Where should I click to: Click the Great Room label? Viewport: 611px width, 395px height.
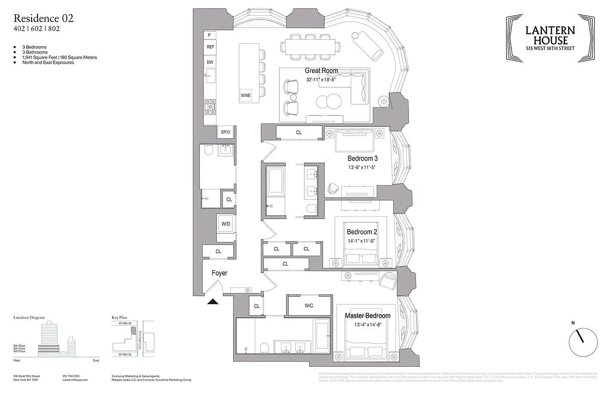click(x=321, y=71)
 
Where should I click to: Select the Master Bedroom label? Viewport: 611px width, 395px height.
click(x=367, y=316)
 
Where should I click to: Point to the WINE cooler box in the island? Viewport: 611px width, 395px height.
click(x=245, y=95)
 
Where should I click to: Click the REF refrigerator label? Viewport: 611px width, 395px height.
click(x=210, y=47)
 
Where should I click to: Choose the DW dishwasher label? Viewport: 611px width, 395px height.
click(x=210, y=62)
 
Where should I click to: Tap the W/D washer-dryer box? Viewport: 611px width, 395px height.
click(x=226, y=224)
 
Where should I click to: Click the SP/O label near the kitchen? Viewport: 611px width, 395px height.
click(x=226, y=132)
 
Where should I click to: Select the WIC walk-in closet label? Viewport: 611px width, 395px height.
click(x=309, y=306)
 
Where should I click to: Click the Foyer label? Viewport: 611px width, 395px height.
click(x=220, y=273)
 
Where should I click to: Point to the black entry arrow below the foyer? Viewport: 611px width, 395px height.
click(x=212, y=302)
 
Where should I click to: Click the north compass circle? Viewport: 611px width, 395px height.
click(x=583, y=342)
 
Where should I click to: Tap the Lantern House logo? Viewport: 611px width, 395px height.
click(x=550, y=38)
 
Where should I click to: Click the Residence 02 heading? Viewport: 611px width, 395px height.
click(x=43, y=18)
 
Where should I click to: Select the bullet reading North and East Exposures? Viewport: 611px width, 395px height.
click(x=48, y=63)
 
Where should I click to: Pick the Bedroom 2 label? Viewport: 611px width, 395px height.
click(x=362, y=232)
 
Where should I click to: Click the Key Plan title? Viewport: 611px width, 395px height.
click(x=120, y=317)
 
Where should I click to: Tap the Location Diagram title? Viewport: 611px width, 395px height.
click(x=29, y=317)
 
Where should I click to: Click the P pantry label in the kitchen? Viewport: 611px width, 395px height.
click(x=209, y=35)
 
